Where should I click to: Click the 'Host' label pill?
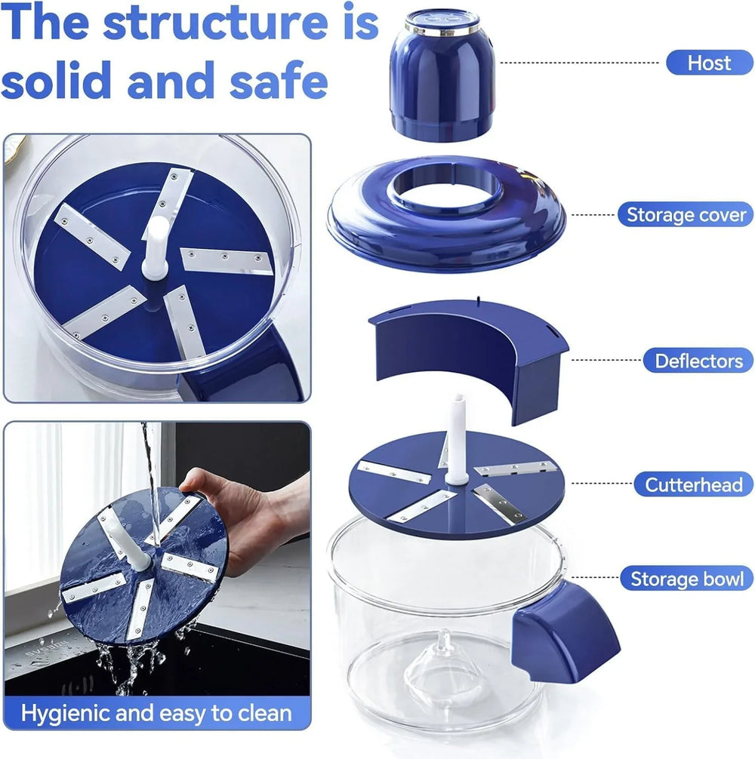pos(710,63)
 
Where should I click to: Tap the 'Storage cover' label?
pos(686,214)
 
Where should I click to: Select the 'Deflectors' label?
pos(698,361)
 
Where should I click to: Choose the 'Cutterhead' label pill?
pos(694,484)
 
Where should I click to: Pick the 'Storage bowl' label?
pos(687,579)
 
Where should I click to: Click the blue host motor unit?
pos(442,76)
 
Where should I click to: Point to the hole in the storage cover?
pos(445,186)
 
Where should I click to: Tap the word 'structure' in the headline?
pos(215,23)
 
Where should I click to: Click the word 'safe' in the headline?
pos(279,81)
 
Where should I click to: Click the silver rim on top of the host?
pos(442,30)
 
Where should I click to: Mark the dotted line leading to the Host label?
pos(580,63)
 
